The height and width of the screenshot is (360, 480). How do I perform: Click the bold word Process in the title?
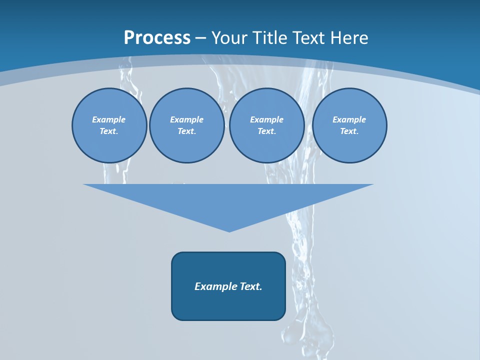pyautogui.click(x=157, y=38)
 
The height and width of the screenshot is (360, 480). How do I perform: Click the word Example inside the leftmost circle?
pyautogui.click(x=109, y=119)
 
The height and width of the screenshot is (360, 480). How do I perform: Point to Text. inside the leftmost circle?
pyautogui.click(x=109, y=131)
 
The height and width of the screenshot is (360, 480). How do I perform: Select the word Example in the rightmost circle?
pyautogui.click(x=349, y=119)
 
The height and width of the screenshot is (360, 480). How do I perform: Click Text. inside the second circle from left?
pyautogui.click(x=186, y=131)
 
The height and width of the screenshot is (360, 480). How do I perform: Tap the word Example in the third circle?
pyautogui.click(x=266, y=119)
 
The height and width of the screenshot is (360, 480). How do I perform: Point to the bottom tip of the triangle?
pyautogui.click(x=229, y=230)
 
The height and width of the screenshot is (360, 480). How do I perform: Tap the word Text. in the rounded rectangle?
pyautogui.click(x=250, y=286)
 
